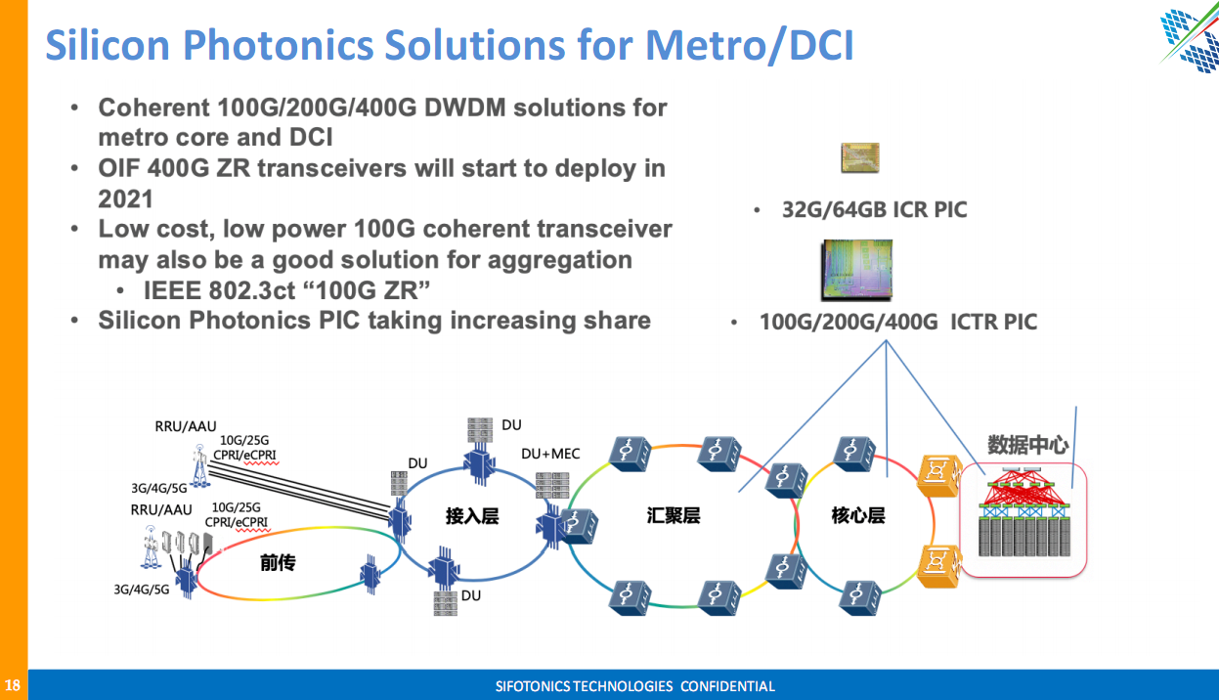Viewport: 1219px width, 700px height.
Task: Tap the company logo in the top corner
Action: pyautogui.click(x=1189, y=39)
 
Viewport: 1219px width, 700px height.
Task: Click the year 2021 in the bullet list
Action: pyautogui.click(x=125, y=198)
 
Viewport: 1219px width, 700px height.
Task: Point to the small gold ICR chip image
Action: pyautogui.click(x=860, y=157)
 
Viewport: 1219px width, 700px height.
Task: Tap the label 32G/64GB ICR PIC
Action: pyautogui.click(x=874, y=209)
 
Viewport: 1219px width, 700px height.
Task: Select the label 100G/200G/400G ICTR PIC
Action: pyautogui.click(x=897, y=322)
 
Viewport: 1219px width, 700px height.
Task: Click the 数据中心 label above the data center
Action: pyautogui.click(x=1027, y=446)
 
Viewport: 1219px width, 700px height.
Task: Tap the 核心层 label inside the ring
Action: pyautogui.click(x=857, y=515)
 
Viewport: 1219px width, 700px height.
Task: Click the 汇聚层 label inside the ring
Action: pyautogui.click(x=673, y=515)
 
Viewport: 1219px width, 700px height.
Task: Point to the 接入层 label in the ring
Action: pyautogui.click(x=471, y=515)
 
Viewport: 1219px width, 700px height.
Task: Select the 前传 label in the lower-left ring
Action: pyautogui.click(x=278, y=563)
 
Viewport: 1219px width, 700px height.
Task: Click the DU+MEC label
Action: pyautogui.click(x=550, y=454)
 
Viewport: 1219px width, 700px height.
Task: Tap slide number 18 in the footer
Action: pyautogui.click(x=13, y=685)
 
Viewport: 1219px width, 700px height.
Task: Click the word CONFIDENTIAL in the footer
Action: pyautogui.click(x=726, y=686)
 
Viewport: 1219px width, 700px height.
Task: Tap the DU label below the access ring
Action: pyautogui.click(x=471, y=595)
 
